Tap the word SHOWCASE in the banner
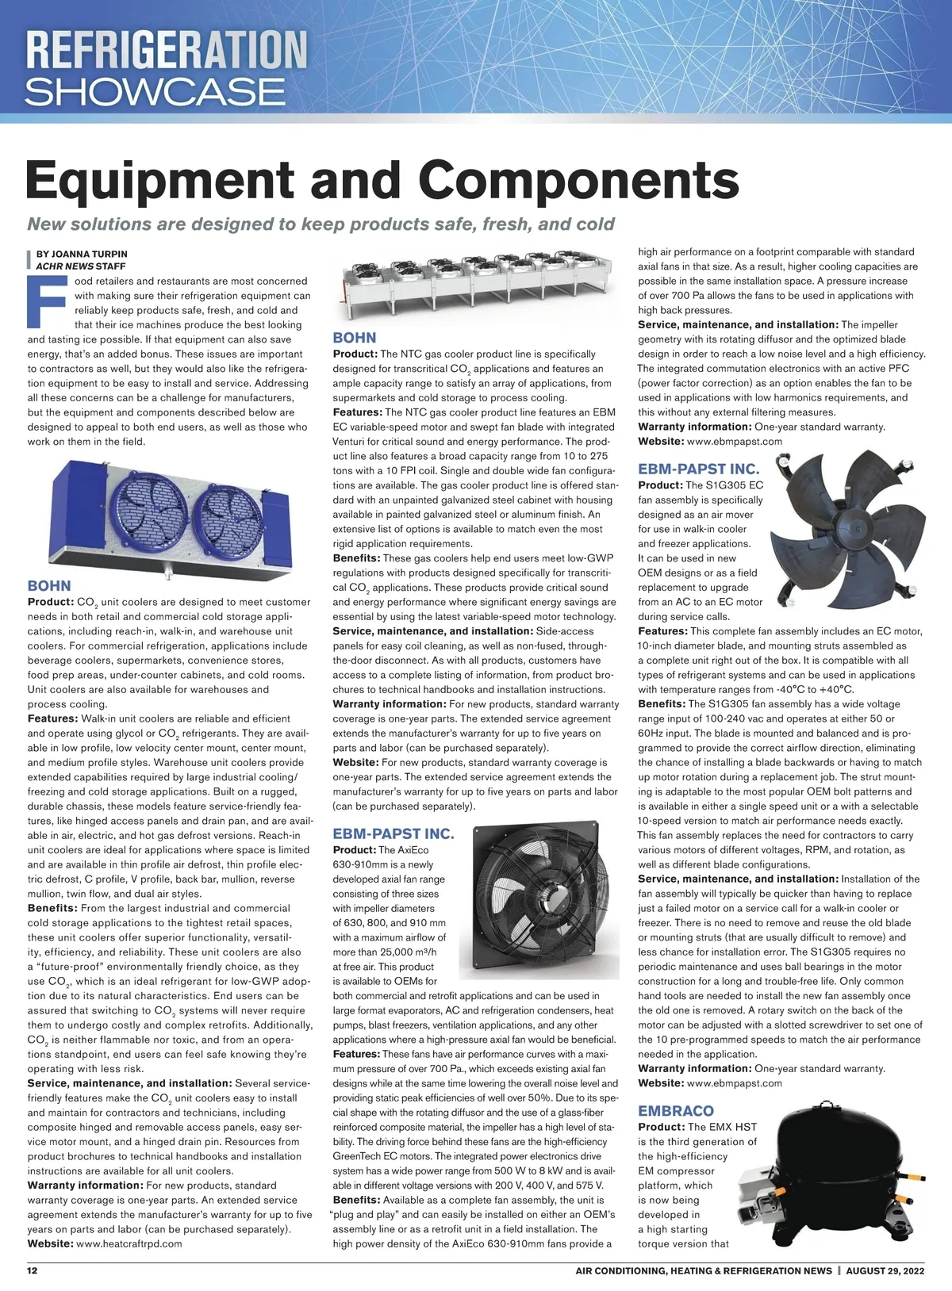click(x=155, y=92)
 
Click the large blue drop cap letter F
click(x=45, y=301)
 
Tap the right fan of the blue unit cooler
click(x=229, y=517)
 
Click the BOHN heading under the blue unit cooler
click(x=49, y=585)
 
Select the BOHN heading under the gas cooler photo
click(x=355, y=338)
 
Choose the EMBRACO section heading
click(x=676, y=1111)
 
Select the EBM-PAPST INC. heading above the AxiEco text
click(x=393, y=833)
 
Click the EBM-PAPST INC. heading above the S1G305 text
click(x=699, y=469)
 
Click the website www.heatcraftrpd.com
click(x=129, y=1243)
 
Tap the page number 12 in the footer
click(x=33, y=1270)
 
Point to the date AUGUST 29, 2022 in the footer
click(x=885, y=1270)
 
